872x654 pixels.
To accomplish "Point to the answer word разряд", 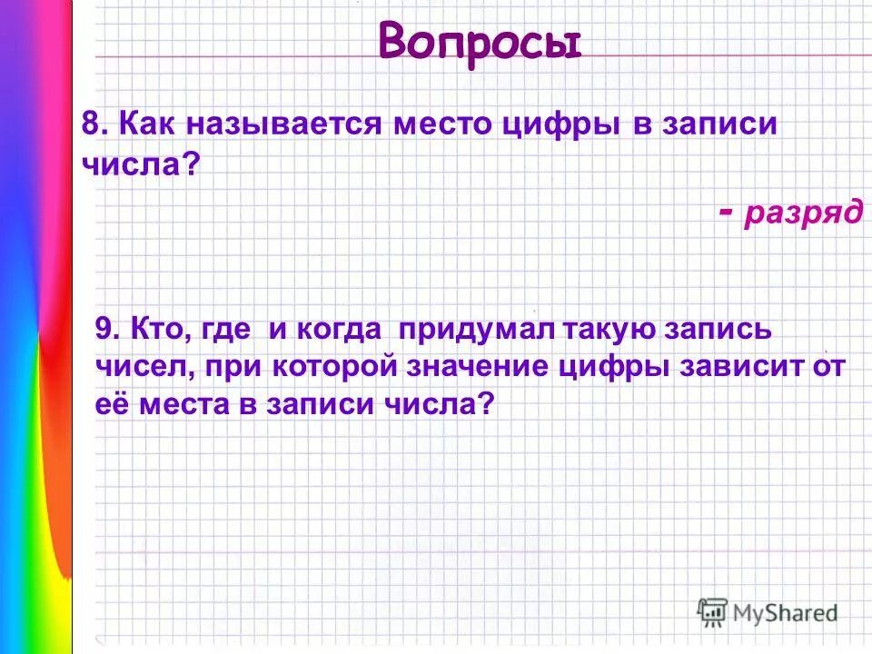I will (803, 212).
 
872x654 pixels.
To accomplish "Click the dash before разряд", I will (725, 210).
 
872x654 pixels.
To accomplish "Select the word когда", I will (339, 329).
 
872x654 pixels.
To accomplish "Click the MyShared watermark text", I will (786, 613).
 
